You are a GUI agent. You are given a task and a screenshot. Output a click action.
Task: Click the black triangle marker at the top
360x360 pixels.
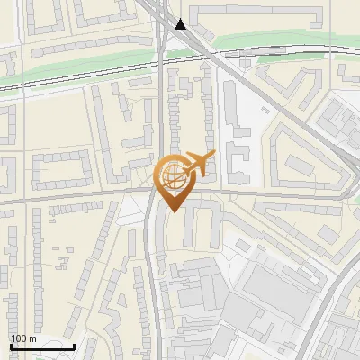point(182,24)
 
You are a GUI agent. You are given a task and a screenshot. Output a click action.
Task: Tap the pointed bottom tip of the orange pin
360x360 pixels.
point(172,211)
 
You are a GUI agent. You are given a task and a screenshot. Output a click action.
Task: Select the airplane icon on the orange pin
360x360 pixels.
point(198,164)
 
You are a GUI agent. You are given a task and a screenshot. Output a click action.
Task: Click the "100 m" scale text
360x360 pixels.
point(23,338)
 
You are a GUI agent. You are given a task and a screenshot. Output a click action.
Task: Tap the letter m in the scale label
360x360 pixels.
point(32,338)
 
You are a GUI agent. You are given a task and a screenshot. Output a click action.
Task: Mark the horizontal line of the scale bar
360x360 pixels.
point(41,346)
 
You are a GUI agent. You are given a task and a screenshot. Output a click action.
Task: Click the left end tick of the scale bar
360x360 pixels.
point(10,345)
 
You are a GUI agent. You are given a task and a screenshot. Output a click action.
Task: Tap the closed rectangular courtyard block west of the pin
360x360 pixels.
point(61,170)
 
